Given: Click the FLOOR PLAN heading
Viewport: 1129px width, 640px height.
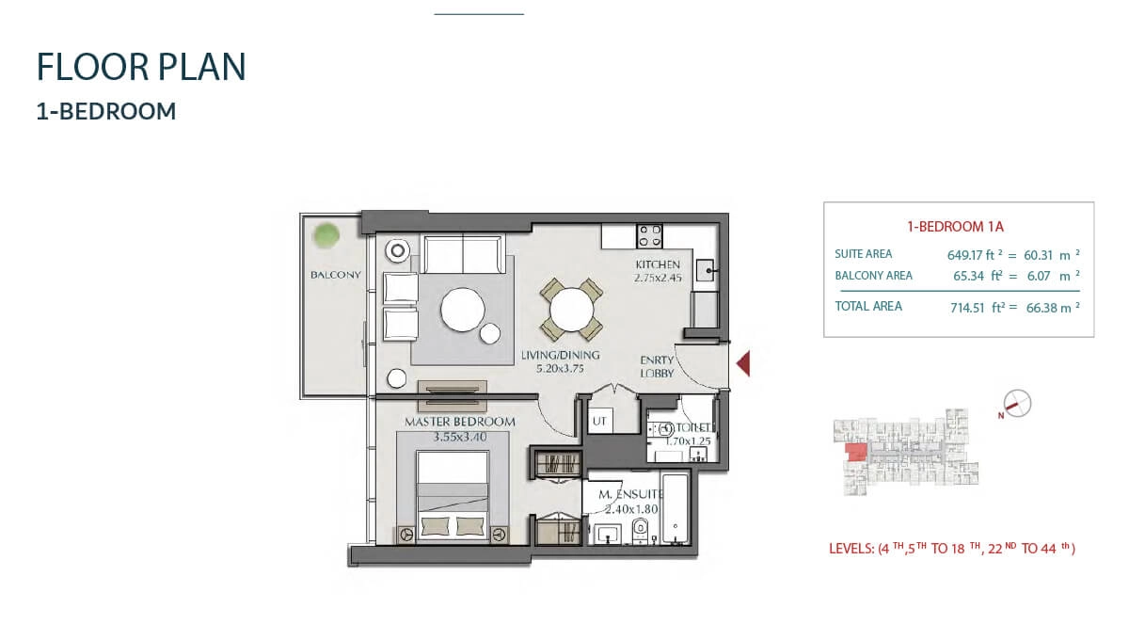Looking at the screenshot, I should pos(141,68).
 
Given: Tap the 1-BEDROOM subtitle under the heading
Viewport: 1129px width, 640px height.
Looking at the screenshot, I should pos(106,111).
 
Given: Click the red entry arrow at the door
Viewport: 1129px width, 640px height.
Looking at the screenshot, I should pos(742,363).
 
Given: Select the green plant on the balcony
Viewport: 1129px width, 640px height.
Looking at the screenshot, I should pos(327,234).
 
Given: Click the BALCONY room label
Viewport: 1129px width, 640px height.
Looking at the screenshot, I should pos(336,275).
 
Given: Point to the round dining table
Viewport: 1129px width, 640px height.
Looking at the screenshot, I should pos(571,309).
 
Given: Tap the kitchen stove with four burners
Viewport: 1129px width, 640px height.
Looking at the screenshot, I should pos(649,234).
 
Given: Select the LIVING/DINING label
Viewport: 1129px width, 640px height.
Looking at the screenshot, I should pos(560,355).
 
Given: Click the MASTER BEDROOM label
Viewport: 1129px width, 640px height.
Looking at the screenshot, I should pos(460,422).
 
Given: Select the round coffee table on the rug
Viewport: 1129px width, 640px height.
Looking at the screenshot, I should pos(462,308).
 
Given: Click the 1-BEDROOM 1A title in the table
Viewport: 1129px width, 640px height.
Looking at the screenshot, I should pos(957,227).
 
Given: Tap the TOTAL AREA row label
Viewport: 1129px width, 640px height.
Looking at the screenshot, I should pos(868,306).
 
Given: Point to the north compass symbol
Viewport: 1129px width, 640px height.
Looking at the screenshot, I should pos(1017,404).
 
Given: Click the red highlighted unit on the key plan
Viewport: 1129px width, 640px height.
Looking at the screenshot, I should pos(856,453).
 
